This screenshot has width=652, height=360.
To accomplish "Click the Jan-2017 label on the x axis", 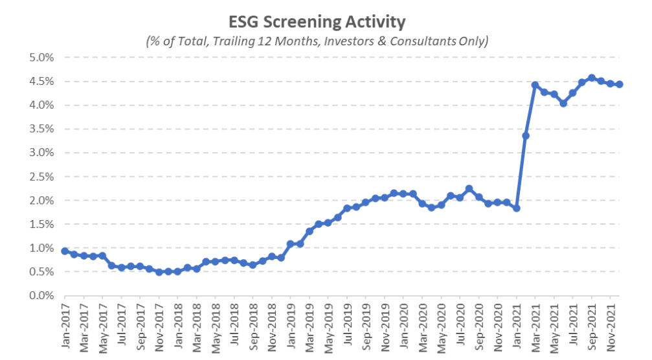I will tap(65, 325).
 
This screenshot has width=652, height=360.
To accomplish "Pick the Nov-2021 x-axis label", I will tap(611, 325).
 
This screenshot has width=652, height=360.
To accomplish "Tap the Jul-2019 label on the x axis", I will tap(347, 325).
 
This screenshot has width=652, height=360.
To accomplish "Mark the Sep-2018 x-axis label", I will tap(253, 325).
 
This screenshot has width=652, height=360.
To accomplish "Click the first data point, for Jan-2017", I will tap(65, 251).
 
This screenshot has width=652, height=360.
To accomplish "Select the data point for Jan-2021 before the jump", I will tap(517, 208).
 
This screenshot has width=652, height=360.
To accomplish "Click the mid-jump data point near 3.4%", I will tap(526, 135).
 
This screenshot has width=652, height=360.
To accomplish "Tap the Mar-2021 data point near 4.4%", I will tap(535, 85).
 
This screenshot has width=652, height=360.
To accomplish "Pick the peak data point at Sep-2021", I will tap(592, 78).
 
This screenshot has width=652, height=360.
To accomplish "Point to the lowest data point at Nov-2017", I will tap(159, 272).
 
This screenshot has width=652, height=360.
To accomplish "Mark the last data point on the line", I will tap(620, 84).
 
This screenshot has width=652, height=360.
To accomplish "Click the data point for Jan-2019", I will tap(291, 244).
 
